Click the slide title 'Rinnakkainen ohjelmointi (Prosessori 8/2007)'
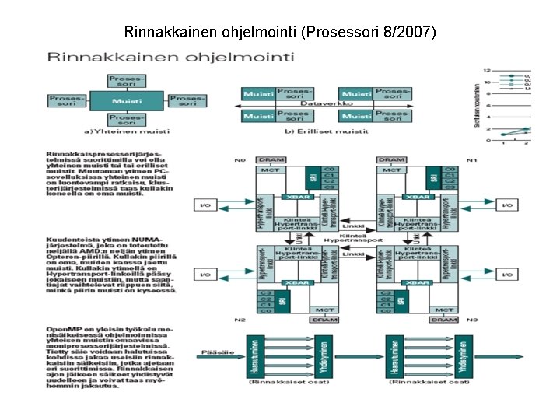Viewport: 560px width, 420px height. click(x=280, y=33)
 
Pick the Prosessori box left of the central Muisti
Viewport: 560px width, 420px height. click(x=67, y=100)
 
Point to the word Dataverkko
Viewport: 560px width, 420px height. click(x=327, y=103)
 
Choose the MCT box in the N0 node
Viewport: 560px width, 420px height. click(x=271, y=170)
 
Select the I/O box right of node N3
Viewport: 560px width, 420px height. click(x=507, y=274)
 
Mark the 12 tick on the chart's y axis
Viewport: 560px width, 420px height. click(x=486, y=71)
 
